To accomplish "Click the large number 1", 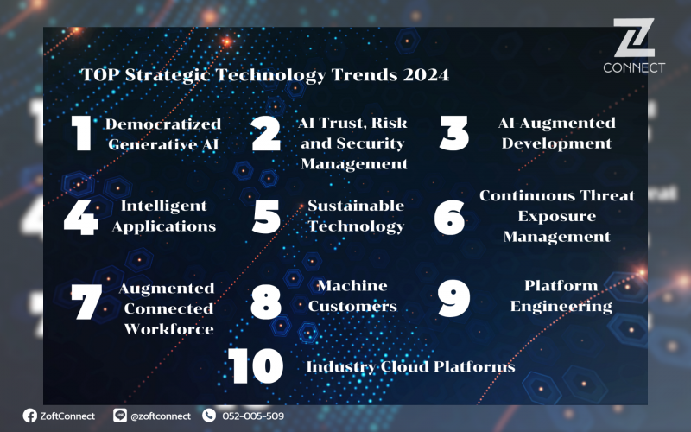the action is (x=81, y=133).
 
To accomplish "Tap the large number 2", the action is (x=266, y=134).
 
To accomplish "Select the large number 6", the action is (x=449, y=218).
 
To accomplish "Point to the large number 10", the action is (x=256, y=365).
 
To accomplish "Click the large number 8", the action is (x=266, y=302).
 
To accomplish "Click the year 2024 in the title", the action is (x=426, y=74).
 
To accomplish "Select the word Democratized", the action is (x=163, y=124).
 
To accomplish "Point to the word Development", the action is (x=556, y=143).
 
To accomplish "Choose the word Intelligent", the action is (x=163, y=206).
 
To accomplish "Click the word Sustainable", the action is (x=356, y=206).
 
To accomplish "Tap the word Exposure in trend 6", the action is (x=556, y=217).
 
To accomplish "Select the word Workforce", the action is (x=168, y=329).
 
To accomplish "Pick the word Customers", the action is (x=352, y=306).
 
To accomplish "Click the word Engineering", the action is (x=561, y=307).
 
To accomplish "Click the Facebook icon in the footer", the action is (x=30, y=416).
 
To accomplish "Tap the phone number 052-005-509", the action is (x=253, y=416).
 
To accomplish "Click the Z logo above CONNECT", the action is (x=634, y=38).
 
